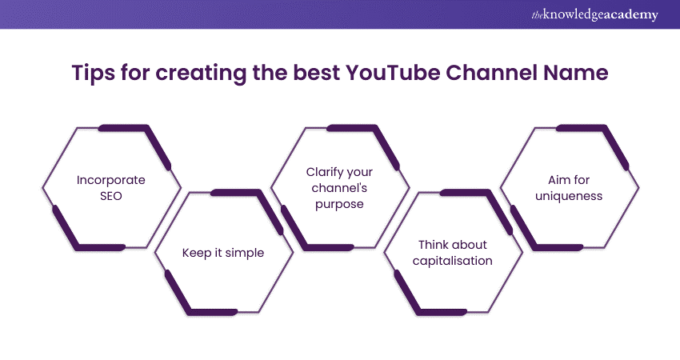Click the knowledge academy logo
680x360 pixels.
594,14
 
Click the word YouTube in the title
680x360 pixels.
393,73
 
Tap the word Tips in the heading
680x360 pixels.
94,73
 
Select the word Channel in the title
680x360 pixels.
492,73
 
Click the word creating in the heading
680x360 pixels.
201,74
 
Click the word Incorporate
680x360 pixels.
111,180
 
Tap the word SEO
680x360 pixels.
111,196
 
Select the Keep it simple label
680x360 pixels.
223,253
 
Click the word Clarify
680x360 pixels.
323,173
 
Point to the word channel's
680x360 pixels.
339,188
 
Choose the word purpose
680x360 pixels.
339,204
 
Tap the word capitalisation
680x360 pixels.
452,261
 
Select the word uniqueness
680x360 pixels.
569,197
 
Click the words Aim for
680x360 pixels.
569,180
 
